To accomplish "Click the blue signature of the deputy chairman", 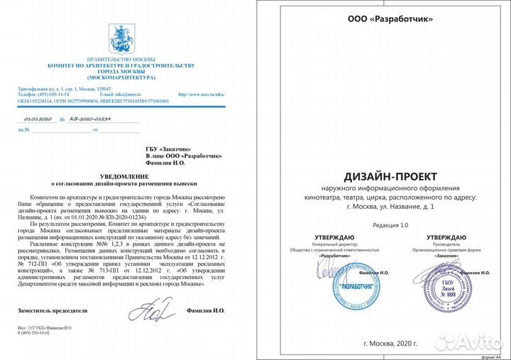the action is [x=151, y=309].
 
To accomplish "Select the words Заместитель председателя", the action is [x=53, y=311].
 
